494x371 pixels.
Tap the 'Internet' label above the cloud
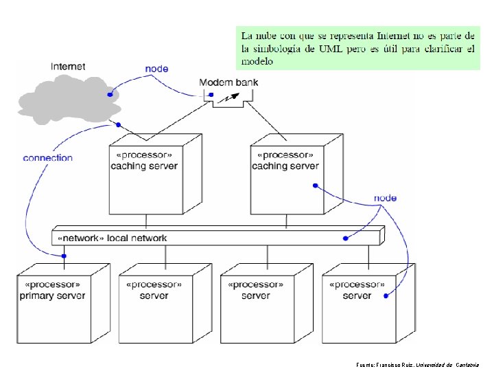[68, 67]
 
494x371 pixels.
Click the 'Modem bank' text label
[228, 82]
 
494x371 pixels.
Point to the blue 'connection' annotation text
[47, 158]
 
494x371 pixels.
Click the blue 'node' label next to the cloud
[156, 69]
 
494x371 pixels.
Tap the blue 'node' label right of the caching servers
[385, 198]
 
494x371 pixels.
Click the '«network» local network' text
[113, 238]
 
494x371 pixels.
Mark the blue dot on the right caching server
[314, 185]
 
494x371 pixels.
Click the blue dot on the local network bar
[344, 238]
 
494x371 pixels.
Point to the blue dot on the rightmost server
[385, 296]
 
